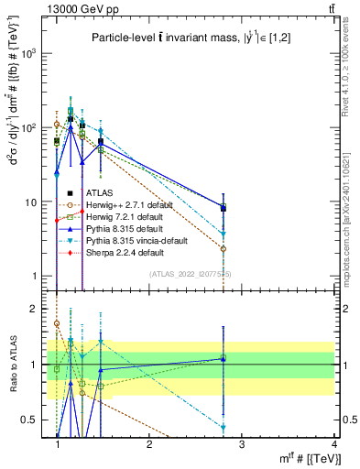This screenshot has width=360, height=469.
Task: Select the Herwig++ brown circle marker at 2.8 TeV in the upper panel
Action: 223,248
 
